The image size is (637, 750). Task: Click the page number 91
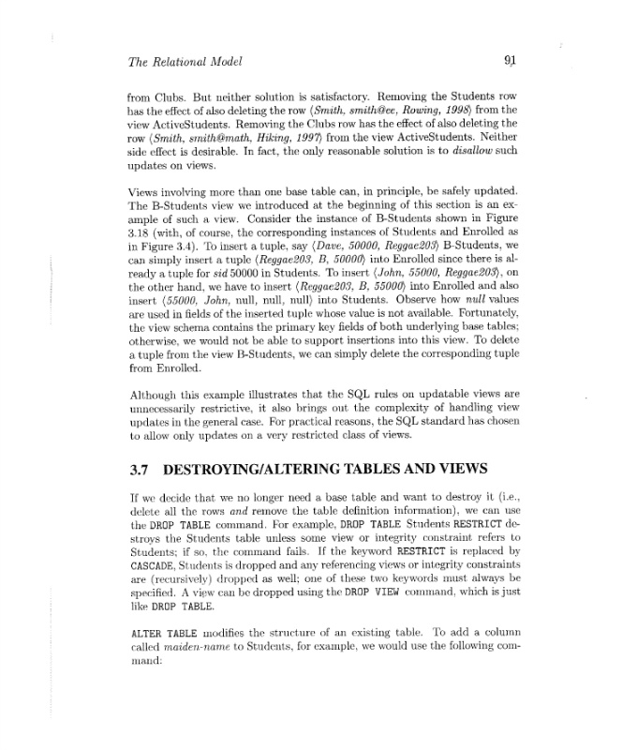coord(511,62)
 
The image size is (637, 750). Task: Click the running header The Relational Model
coord(185,63)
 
